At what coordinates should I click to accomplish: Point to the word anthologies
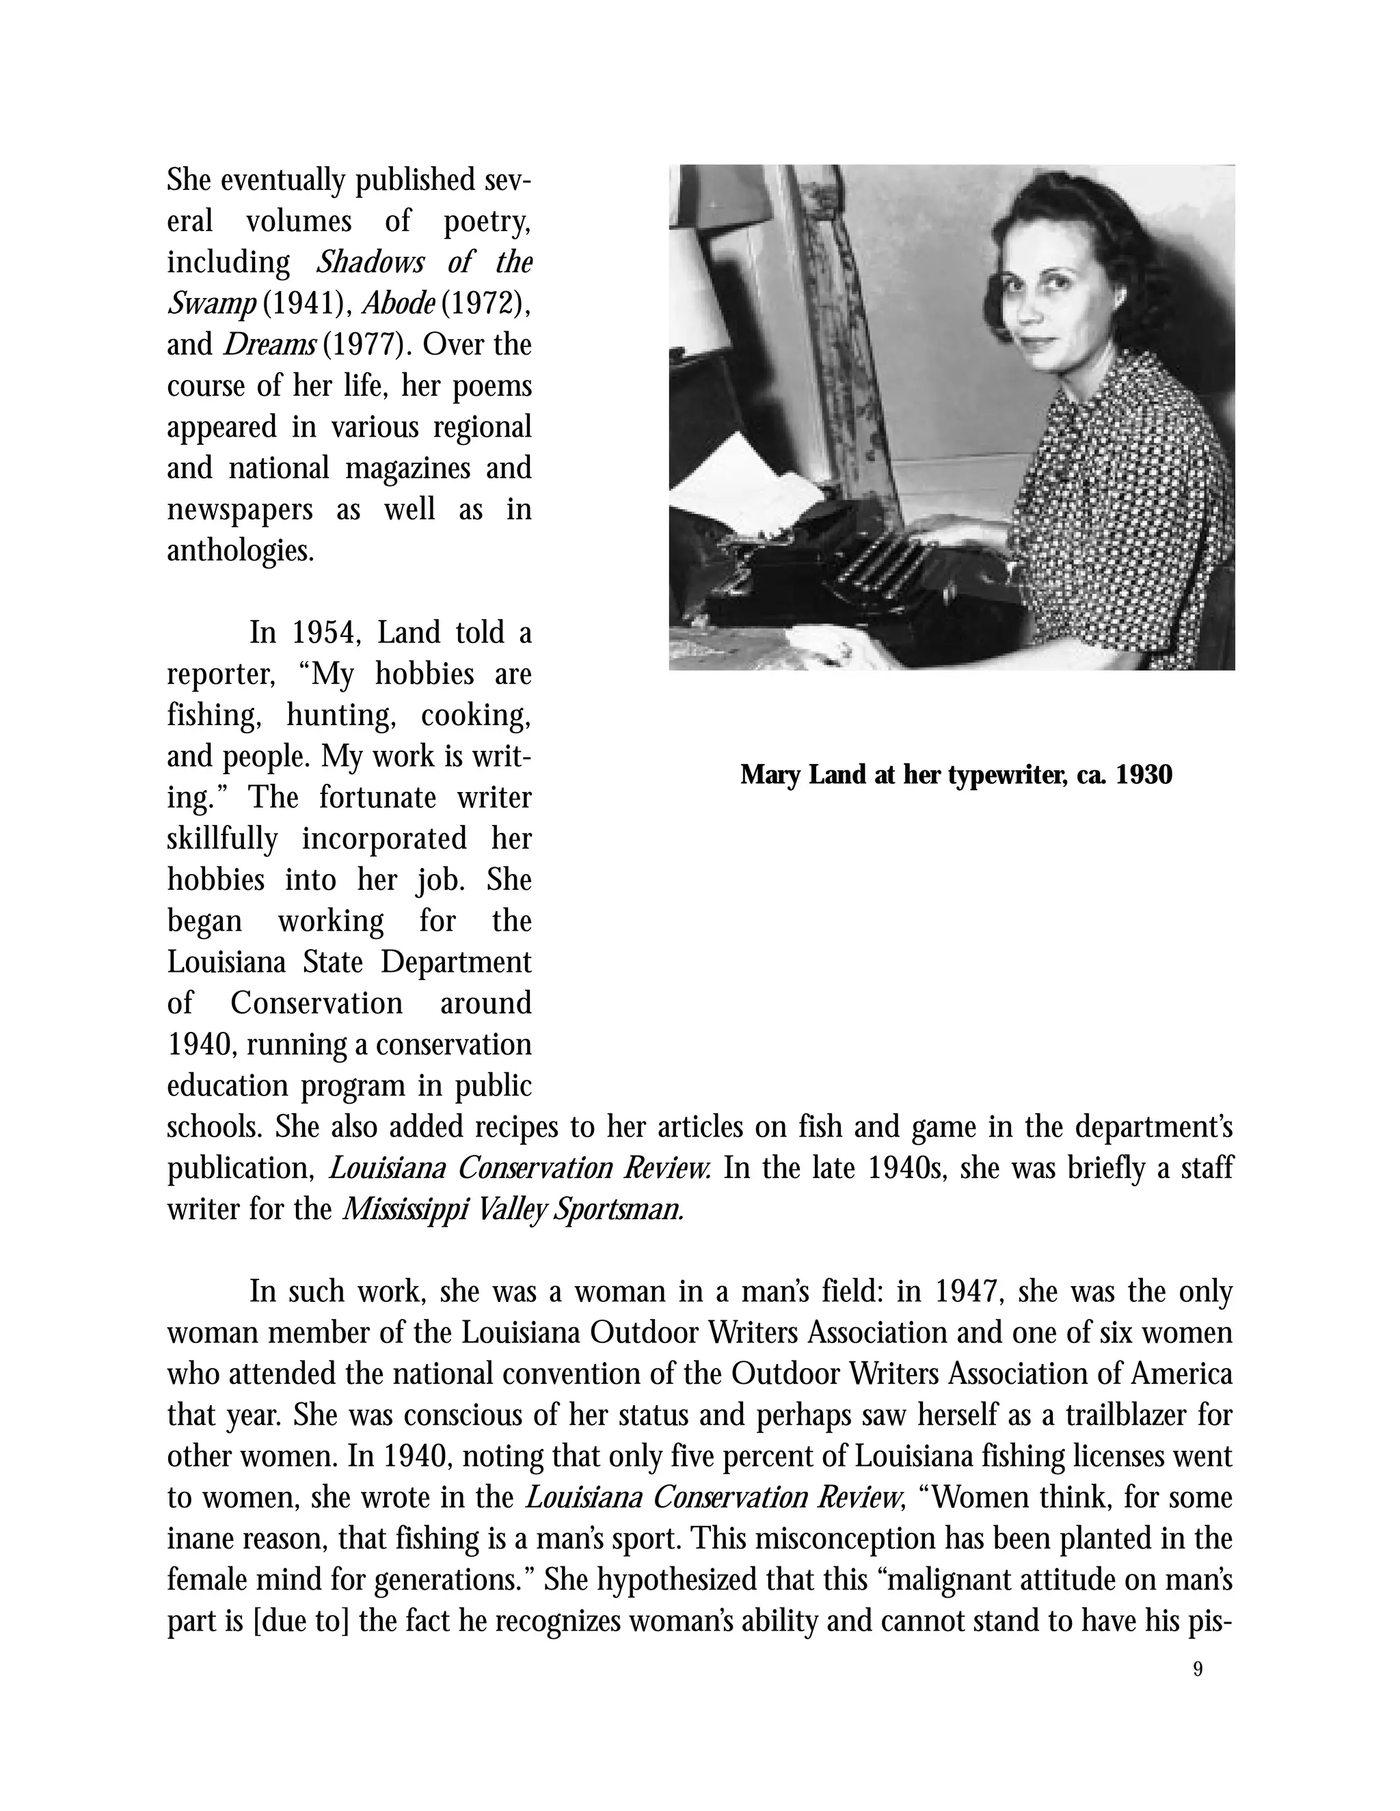241,551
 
